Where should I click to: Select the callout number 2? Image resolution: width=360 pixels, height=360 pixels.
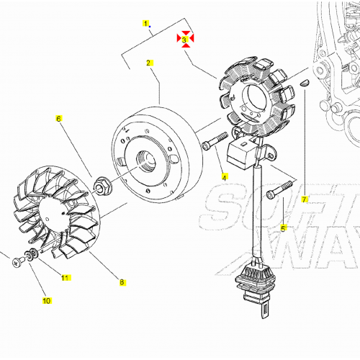click(x=149, y=63)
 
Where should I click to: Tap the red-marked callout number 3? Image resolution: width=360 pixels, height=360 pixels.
click(x=186, y=40)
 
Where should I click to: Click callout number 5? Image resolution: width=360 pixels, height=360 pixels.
click(x=283, y=228)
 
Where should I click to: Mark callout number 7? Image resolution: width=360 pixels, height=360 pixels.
click(x=305, y=199)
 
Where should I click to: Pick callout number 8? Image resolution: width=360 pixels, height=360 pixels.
click(x=122, y=283)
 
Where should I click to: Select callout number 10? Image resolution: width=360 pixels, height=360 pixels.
click(x=47, y=300)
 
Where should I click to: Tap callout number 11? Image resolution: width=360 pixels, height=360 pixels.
click(x=65, y=277)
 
